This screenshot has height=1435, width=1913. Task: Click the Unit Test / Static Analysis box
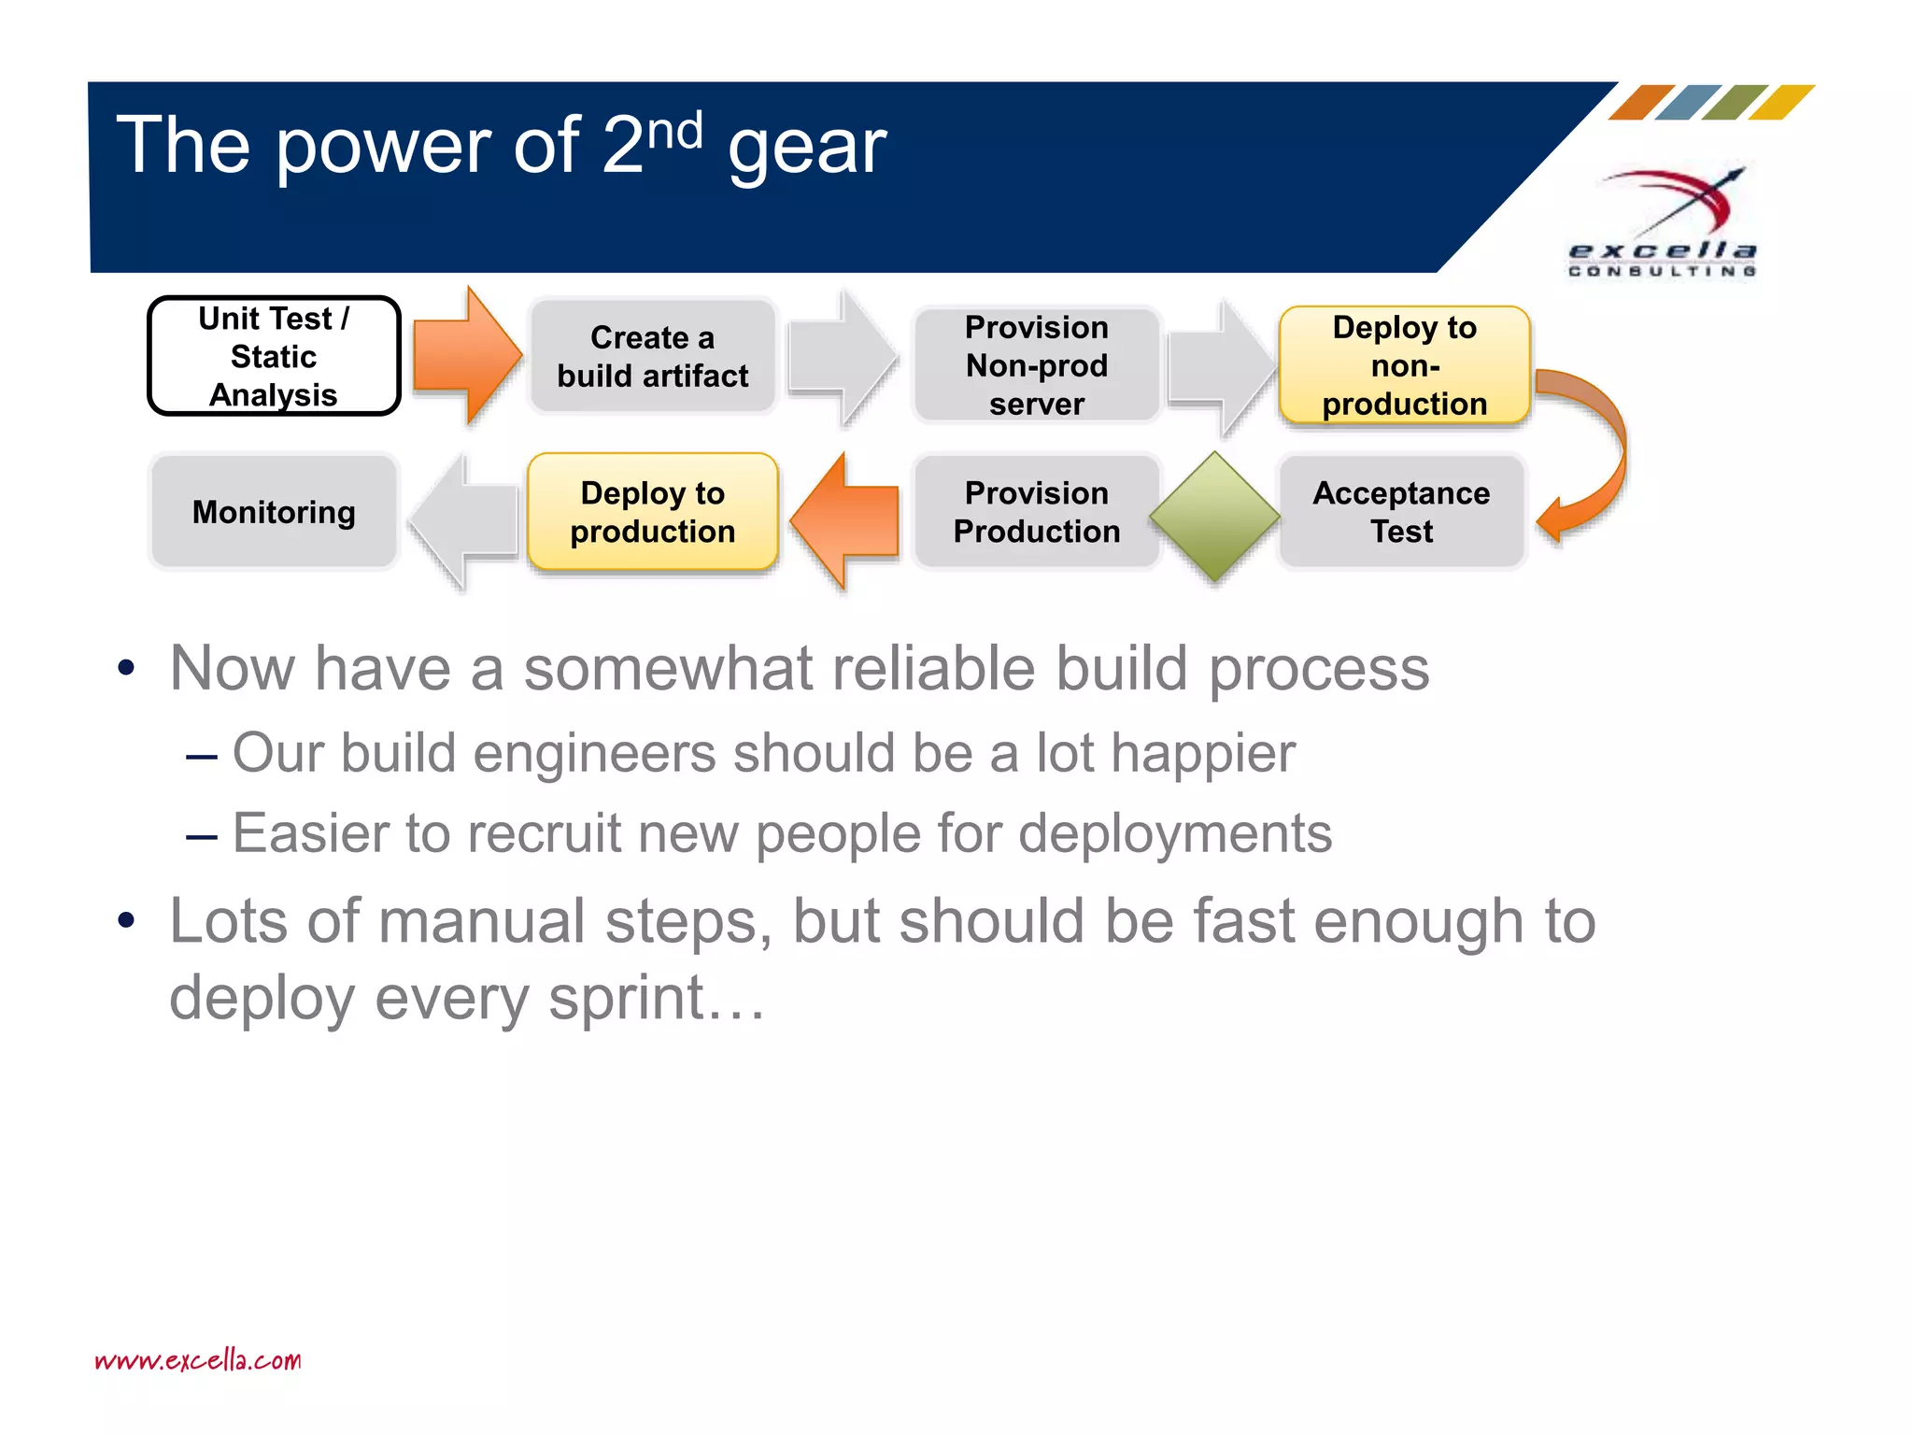pyautogui.click(x=274, y=356)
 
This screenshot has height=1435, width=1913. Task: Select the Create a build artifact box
pyautogui.click(x=652, y=356)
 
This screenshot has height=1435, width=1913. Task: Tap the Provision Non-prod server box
pyautogui.click(x=1036, y=364)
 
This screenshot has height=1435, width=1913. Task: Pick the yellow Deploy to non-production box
pyautogui.click(x=1404, y=364)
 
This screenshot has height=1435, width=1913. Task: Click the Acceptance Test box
pyautogui.click(x=1401, y=511)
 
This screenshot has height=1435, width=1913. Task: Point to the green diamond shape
pyautogui.click(x=1214, y=516)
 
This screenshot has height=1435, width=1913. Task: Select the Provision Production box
pyautogui.click(x=1036, y=511)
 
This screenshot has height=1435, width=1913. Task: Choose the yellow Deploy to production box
pyautogui.click(x=652, y=511)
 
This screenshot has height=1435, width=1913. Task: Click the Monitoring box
pyautogui.click(x=274, y=511)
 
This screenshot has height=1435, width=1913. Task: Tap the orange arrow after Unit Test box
pyautogui.click(x=465, y=356)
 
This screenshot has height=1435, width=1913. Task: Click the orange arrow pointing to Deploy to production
pyautogui.click(x=846, y=521)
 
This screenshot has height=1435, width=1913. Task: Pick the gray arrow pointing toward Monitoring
pyautogui.click(x=463, y=521)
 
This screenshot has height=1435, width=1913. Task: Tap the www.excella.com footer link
pyautogui.click(x=198, y=1359)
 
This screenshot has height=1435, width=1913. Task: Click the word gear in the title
pyautogui.click(x=807, y=148)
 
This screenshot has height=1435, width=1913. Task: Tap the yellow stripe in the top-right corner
pyautogui.click(x=1780, y=103)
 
